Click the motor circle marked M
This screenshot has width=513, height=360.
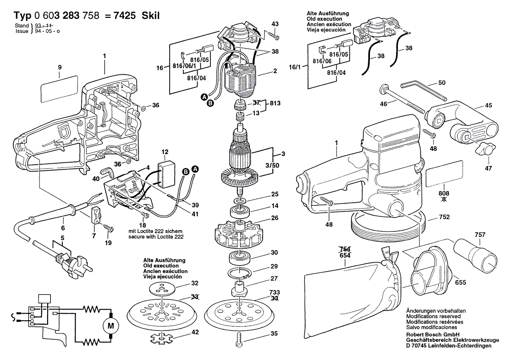(x=110, y=326)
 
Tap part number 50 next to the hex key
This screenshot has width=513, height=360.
(x=442, y=83)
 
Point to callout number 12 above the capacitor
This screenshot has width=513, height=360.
(x=165, y=152)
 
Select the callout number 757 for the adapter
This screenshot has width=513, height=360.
(x=480, y=235)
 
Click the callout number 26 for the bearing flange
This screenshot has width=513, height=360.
(x=275, y=217)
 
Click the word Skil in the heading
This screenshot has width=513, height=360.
(x=151, y=16)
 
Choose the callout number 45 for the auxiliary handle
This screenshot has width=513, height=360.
(x=489, y=105)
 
